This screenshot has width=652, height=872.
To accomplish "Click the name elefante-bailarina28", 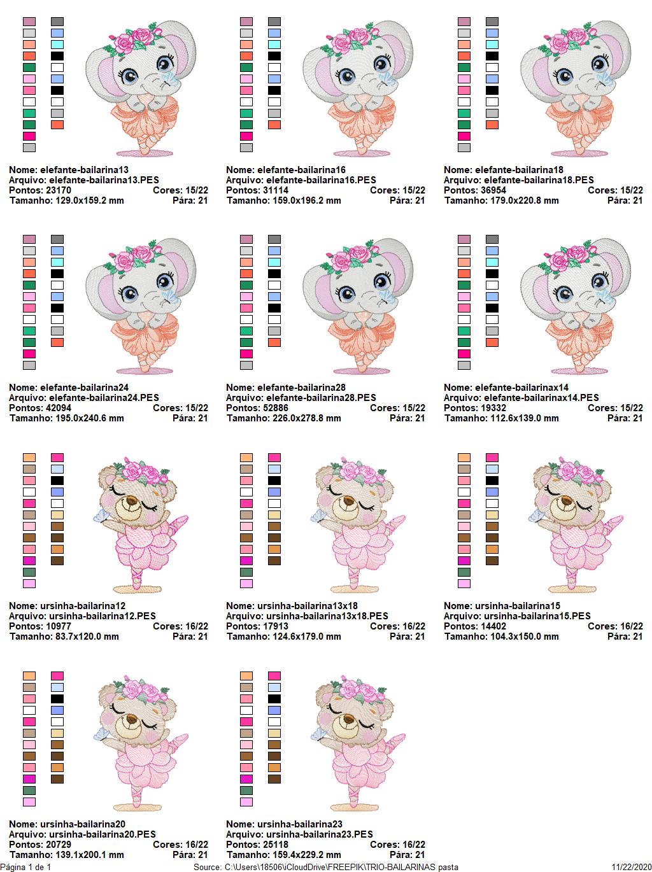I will [x=301, y=388].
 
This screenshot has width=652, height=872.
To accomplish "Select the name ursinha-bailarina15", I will [x=517, y=606].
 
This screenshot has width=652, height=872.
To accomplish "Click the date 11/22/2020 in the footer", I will [x=631, y=867].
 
